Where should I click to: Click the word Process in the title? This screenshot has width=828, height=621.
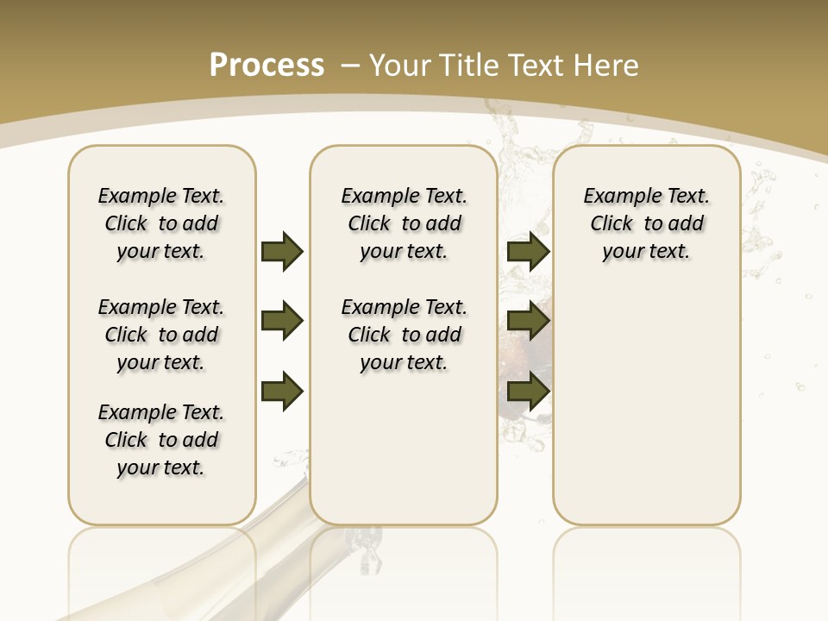click(x=267, y=66)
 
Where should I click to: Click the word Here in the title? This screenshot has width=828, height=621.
click(x=607, y=66)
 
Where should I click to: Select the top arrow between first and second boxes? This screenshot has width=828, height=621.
click(x=282, y=251)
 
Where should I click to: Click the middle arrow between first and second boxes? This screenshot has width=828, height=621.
click(x=282, y=322)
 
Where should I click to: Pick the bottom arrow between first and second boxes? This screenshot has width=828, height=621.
click(x=282, y=392)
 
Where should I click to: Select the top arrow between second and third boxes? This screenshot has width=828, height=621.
click(x=528, y=251)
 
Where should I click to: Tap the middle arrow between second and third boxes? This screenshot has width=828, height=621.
click(x=528, y=322)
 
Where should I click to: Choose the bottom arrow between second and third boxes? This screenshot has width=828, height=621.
click(x=528, y=392)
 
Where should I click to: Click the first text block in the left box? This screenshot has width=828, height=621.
click(x=161, y=223)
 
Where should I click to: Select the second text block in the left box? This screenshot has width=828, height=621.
click(x=161, y=335)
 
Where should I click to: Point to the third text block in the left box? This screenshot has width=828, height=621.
click(x=161, y=440)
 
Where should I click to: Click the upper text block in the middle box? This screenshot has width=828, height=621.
click(x=404, y=223)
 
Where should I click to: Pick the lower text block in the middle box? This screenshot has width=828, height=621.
click(x=404, y=335)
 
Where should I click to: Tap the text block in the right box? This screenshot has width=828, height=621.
click(x=647, y=223)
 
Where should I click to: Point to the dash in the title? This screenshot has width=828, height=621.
click(x=351, y=66)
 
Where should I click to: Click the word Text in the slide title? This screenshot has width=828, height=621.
click(x=541, y=66)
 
